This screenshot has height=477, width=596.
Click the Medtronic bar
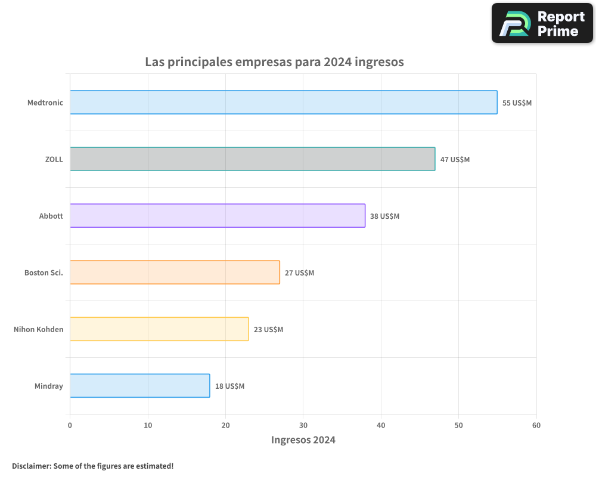(283, 103)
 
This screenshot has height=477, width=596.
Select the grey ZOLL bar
(252, 159)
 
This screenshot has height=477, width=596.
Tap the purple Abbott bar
(218, 216)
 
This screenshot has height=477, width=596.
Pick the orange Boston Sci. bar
(175, 272)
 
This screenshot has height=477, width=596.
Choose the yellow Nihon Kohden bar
(159, 329)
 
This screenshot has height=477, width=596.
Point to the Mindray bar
(139, 386)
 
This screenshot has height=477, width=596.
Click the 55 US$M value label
(517, 103)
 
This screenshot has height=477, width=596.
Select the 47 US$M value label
(455, 160)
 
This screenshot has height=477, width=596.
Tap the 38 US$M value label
(384, 216)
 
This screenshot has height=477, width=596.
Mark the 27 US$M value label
(299, 273)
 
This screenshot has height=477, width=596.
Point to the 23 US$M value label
(268, 330)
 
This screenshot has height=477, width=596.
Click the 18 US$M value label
(229, 386)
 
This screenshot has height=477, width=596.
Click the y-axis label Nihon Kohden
(38, 329)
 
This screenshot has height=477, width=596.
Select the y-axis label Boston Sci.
(44, 272)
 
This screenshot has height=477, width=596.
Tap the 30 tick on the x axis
(303, 425)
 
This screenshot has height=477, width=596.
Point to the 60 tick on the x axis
(536, 425)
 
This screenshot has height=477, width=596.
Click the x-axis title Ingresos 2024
(303, 440)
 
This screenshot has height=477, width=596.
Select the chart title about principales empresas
(274, 62)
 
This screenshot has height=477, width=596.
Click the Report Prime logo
(542, 23)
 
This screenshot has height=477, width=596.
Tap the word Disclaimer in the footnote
(30, 466)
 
